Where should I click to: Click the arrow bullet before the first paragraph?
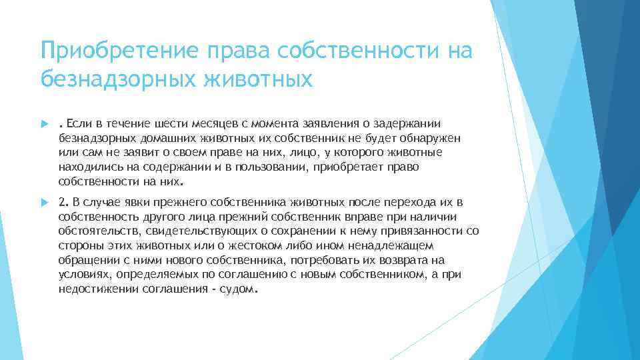44,124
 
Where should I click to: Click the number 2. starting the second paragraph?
63,202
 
